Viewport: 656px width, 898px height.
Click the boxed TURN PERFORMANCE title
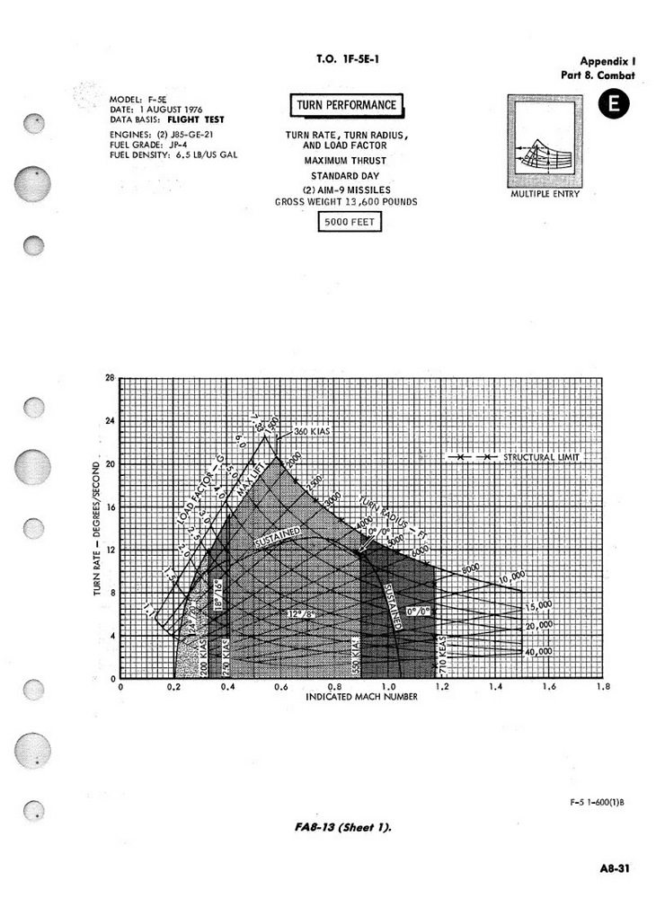click(347, 106)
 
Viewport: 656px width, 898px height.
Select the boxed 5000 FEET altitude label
click(350, 221)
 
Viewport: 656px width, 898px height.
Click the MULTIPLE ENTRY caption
click(545, 194)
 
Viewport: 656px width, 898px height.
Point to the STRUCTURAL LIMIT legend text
click(542, 457)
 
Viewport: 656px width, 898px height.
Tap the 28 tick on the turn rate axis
click(110, 378)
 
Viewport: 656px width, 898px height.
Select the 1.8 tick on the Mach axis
click(603, 686)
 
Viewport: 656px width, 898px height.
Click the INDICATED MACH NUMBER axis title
click(361, 697)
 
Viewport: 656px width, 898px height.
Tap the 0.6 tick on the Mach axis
click(281, 686)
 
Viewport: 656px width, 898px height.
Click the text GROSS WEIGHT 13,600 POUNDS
click(346, 202)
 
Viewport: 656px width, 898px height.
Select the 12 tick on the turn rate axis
click(110, 550)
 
